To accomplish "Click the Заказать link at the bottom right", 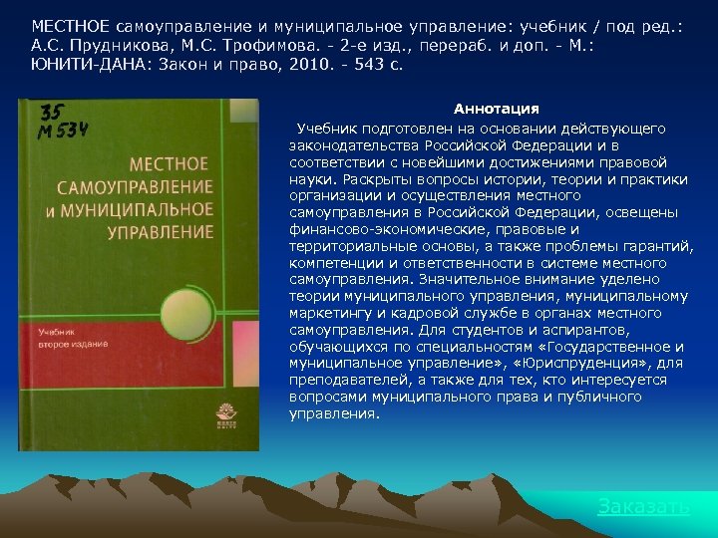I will [643, 507].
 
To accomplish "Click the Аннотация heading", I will [496, 109].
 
